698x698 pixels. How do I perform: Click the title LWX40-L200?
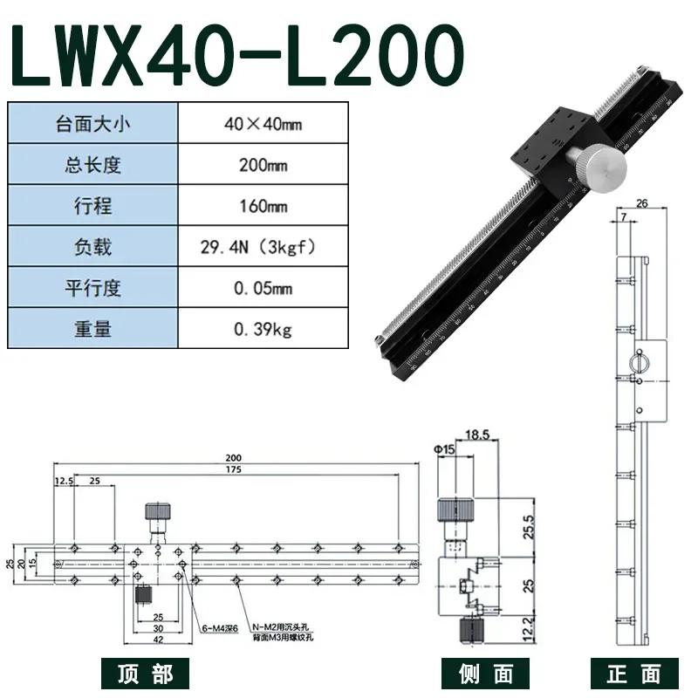coord(236,55)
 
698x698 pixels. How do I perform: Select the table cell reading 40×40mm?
coord(263,123)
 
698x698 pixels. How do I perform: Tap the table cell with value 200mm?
coord(263,165)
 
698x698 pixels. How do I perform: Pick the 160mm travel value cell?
coord(263,206)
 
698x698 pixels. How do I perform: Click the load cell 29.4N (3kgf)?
coord(263,247)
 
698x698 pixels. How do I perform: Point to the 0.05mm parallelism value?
coord(263,288)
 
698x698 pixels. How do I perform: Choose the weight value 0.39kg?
coord(263,329)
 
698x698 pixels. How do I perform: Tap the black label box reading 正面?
coord(633,674)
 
